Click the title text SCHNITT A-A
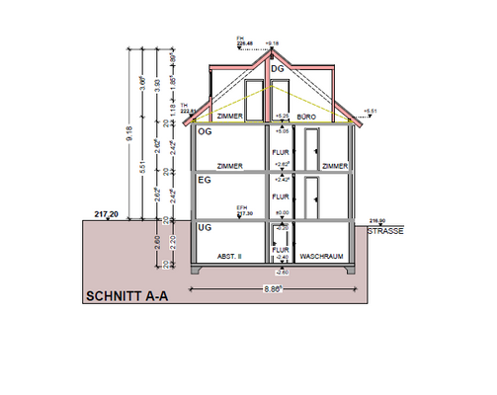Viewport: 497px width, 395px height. (x=126, y=295)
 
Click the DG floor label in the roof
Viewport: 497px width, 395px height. (x=278, y=68)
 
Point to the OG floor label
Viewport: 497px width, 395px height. (x=206, y=131)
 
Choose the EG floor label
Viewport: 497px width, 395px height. (x=206, y=181)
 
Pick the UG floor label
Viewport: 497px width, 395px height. (x=206, y=228)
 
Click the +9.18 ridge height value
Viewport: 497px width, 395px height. (x=273, y=43)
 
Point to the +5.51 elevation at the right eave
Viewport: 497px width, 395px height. (x=372, y=111)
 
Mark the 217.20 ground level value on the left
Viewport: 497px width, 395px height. (x=107, y=214)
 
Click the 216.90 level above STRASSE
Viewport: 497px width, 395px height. (x=376, y=221)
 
